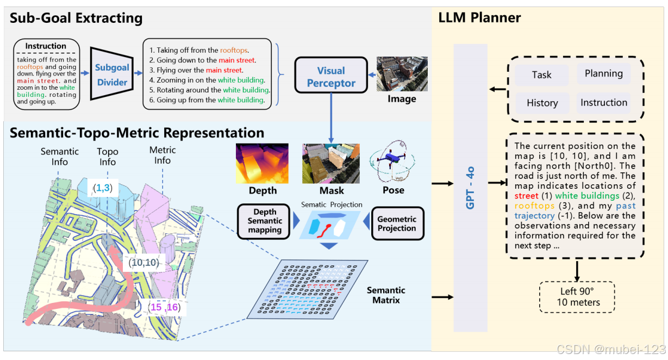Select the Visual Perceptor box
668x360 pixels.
pyautogui.click(x=330, y=77)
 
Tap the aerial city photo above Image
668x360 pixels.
pyautogui.click(x=402, y=73)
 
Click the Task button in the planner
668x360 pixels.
pyautogui.click(x=541, y=75)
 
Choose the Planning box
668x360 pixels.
pyautogui.click(x=603, y=73)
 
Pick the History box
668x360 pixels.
pyautogui.click(x=542, y=103)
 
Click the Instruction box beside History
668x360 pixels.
pyautogui.click(x=603, y=102)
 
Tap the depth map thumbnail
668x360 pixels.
pyautogui.click(x=262, y=163)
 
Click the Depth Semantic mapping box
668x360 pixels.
pyautogui.click(x=264, y=221)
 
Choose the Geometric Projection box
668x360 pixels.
pyautogui.click(x=396, y=223)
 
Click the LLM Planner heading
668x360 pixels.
pyautogui.click(x=479, y=17)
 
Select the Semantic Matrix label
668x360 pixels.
pyautogui.click(x=385, y=295)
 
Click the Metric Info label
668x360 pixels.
pyautogui.click(x=163, y=156)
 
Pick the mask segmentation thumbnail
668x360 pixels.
pyautogui.click(x=331, y=163)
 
